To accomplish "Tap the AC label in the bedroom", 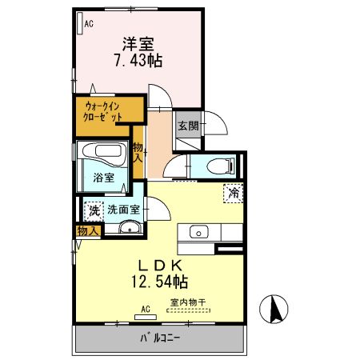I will (88, 24).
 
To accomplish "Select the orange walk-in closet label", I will (104, 110).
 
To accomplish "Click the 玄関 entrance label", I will (188, 126).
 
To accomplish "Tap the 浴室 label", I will (102, 177).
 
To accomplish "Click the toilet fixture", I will (218, 166).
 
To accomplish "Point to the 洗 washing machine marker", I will (94, 210).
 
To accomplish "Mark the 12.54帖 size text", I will (159, 282).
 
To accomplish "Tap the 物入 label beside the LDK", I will (88, 230).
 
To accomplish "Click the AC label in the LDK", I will (146, 308).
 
